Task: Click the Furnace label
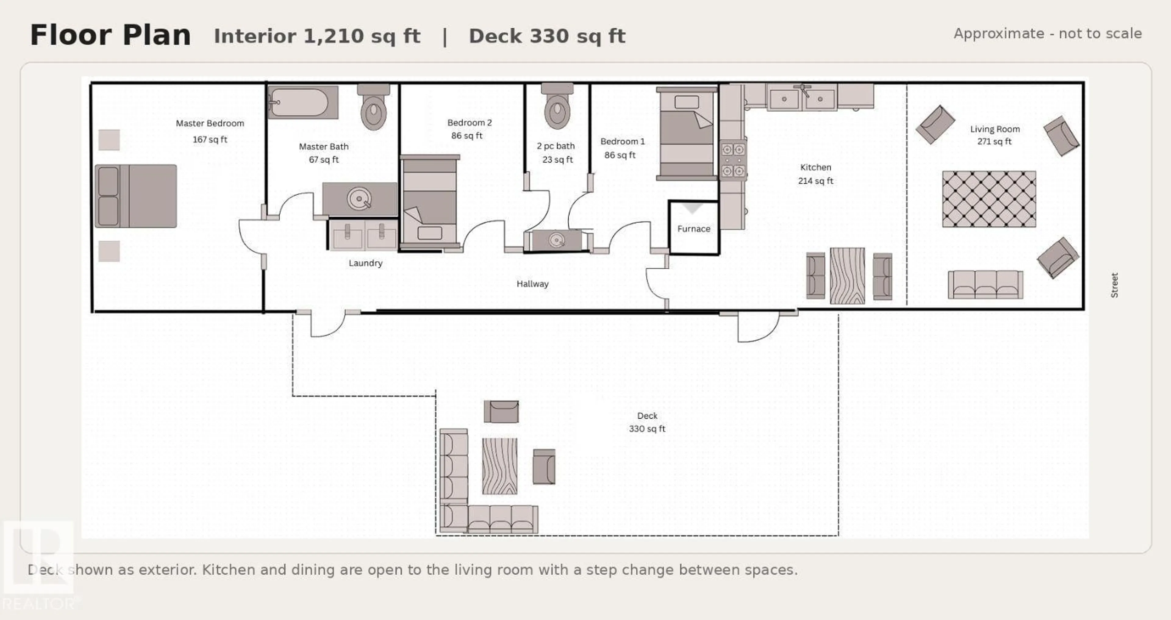693,229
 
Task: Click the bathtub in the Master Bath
302,102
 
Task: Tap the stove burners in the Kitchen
733,160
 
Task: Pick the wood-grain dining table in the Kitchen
847,275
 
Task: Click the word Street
1114,285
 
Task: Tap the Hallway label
532,284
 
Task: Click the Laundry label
366,263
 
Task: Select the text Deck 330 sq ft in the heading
547,36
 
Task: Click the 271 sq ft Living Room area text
994,142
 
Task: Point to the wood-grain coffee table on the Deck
499,466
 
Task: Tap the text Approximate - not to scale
1047,34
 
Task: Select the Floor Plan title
110,35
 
